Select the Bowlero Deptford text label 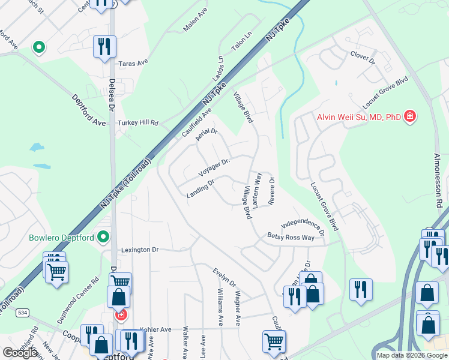62,238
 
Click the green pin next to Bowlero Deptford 103,238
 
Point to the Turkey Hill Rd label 137,123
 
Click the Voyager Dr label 215,167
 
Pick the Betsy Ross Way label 291,238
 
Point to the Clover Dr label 363,58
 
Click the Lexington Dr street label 139,250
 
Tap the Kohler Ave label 155,329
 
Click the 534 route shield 22,313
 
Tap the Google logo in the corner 20,353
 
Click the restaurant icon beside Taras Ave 104,46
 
